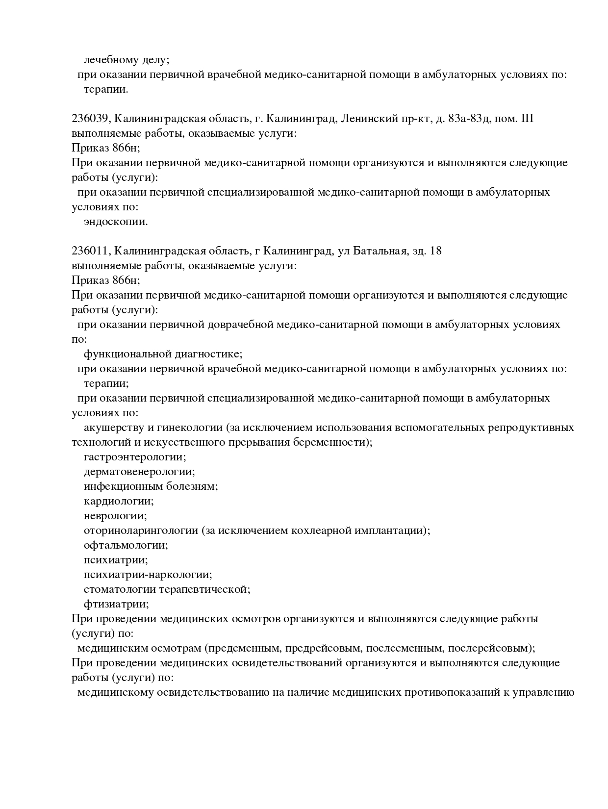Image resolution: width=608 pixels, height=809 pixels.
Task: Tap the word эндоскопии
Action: coord(116,222)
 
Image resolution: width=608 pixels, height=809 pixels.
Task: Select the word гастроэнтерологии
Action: coord(135,457)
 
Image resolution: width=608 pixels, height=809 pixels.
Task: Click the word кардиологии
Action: coord(119,501)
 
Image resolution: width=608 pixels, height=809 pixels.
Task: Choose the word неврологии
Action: coord(115,516)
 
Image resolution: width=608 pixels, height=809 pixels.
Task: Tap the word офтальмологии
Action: coord(126,545)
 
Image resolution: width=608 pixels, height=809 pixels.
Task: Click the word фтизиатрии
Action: coord(116,604)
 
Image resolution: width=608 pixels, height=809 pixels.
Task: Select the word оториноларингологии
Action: coord(141,531)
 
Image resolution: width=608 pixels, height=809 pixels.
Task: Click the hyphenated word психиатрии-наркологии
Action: coord(148,575)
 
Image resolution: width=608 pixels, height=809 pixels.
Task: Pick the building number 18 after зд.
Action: coord(435,251)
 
